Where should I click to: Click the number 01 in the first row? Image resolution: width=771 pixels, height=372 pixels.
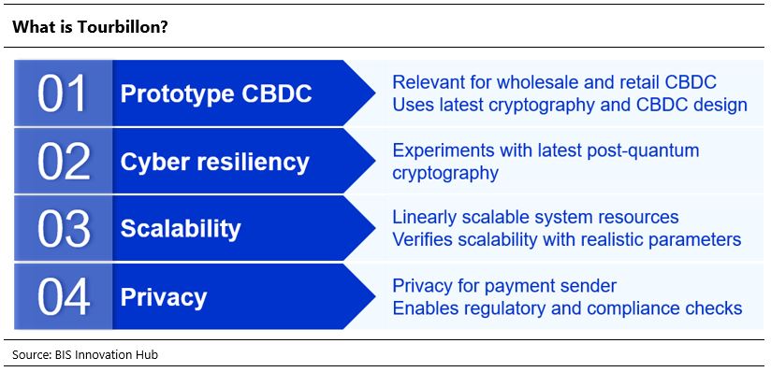pyautogui.click(x=63, y=93)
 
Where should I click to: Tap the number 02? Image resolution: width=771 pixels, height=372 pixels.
pyautogui.click(x=64, y=161)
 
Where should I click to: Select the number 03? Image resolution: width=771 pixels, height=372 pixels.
pyautogui.click(x=64, y=229)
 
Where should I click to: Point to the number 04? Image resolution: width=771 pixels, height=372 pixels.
pyautogui.click(x=64, y=297)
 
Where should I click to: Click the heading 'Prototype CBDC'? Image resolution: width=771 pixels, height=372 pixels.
pyautogui.click(x=216, y=93)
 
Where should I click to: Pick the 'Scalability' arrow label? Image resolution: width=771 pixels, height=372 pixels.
pyautogui.click(x=181, y=229)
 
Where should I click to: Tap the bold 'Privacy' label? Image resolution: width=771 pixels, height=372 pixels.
pyautogui.click(x=164, y=298)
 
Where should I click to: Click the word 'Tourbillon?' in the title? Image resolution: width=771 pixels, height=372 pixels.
pyautogui.click(x=123, y=27)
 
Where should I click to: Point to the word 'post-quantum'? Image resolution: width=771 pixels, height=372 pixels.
pyautogui.click(x=643, y=150)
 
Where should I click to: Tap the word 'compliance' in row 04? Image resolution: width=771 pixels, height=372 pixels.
pyautogui.click(x=631, y=308)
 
